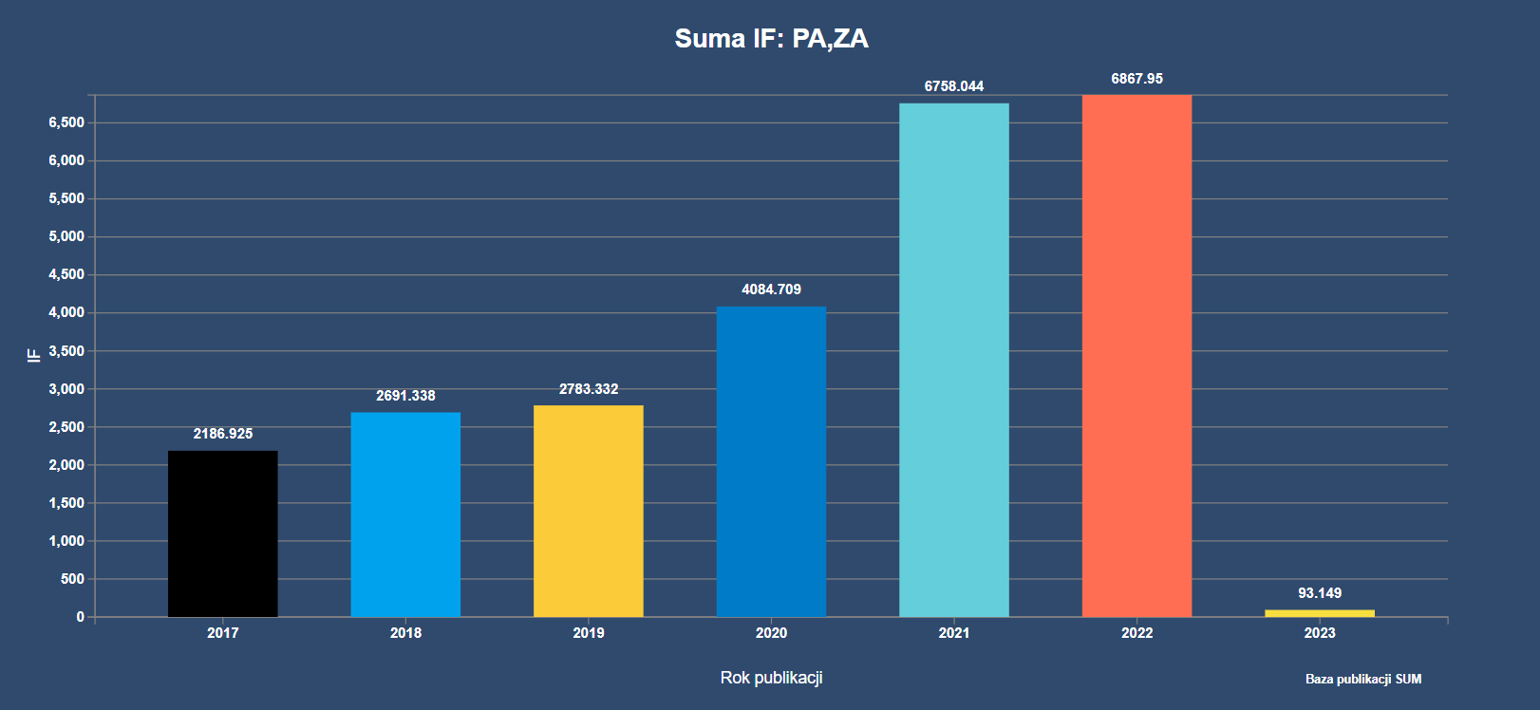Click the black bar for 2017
tap(223, 533)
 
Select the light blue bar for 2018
tap(405, 514)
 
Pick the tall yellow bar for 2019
tap(589, 511)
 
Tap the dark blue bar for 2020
tap(771, 461)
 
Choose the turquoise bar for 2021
tap(954, 360)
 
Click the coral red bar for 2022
tap(1136, 356)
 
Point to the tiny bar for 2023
tap(1320, 613)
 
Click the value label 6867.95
tap(1136, 79)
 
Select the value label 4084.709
tap(771, 290)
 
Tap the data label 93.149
tap(1320, 593)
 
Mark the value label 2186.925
tap(223, 434)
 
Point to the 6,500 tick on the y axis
tap(66, 122)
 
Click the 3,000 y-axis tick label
tap(66, 389)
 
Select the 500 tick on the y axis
tap(72, 579)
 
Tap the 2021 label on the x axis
tap(954, 633)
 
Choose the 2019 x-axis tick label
tap(589, 633)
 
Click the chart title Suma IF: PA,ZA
tap(771, 38)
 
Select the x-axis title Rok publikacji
tap(771, 678)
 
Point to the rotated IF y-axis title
tap(34, 355)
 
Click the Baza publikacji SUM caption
tap(1363, 679)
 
